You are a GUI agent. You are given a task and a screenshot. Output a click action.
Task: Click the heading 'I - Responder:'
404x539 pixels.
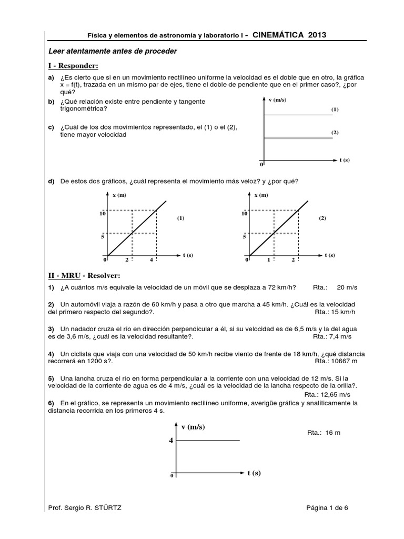point(74,65)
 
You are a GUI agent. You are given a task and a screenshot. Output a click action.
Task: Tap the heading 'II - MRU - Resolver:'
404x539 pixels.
point(84,275)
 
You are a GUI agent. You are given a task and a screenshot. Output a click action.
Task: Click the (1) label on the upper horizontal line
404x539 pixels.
point(335,109)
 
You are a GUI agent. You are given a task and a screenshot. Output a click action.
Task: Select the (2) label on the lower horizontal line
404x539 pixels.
point(335,133)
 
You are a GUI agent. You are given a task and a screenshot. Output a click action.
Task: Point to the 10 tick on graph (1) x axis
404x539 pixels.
point(103,213)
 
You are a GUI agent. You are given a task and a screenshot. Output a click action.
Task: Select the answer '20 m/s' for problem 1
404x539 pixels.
point(347,287)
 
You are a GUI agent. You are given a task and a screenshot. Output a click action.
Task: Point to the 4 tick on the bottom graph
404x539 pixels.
point(170,440)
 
